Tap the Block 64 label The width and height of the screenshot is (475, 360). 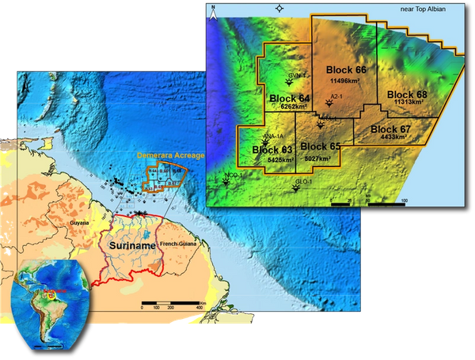(289, 98)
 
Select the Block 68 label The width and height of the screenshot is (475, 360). (407, 95)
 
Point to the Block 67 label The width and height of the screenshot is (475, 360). (390, 129)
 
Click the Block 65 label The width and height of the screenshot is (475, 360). (321, 146)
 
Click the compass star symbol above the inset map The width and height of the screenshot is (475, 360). (278, 8)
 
